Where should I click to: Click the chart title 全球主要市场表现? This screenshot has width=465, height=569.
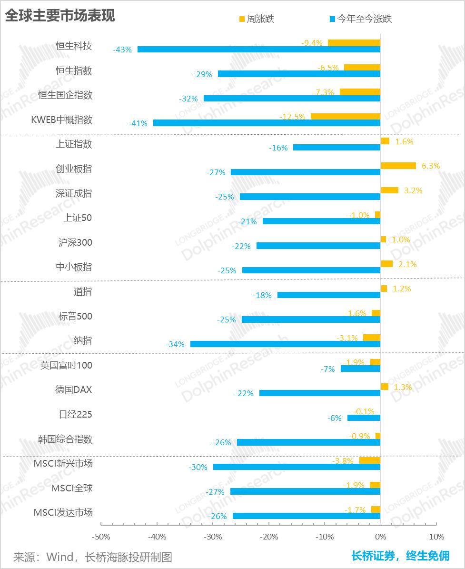click(x=60, y=16)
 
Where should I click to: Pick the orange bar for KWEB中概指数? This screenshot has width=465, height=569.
click(x=346, y=116)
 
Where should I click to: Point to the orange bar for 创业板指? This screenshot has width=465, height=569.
click(x=398, y=166)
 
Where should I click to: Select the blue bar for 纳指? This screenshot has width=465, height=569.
click(x=285, y=344)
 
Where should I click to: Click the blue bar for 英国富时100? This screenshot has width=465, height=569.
click(x=360, y=369)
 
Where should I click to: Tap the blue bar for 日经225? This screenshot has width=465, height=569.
click(x=364, y=418)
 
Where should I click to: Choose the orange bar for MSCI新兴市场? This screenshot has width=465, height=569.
click(x=370, y=460)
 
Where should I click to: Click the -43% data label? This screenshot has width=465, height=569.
click(x=122, y=49)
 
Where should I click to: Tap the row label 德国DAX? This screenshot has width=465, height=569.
click(x=73, y=389)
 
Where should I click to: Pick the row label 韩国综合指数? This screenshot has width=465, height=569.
click(x=65, y=439)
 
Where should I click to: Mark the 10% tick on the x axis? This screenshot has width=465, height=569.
click(x=436, y=537)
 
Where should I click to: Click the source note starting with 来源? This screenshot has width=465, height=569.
click(x=92, y=557)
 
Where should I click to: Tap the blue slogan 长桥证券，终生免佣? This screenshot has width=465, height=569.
click(x=400, y=556)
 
